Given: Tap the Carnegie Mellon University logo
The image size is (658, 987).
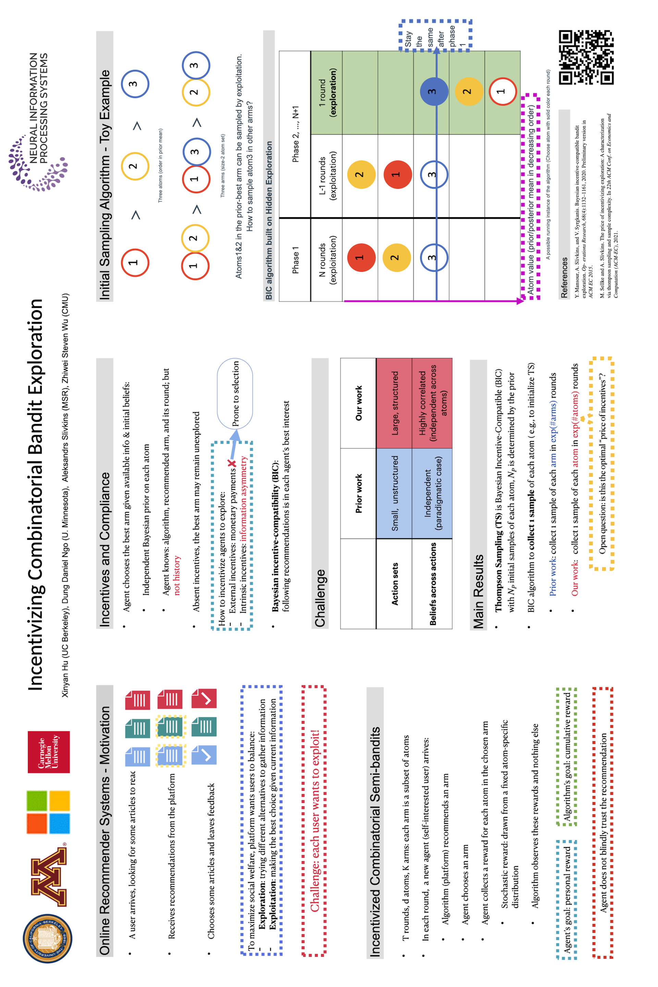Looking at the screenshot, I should [49, 752].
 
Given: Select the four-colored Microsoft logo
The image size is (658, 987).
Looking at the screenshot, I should [48, 812].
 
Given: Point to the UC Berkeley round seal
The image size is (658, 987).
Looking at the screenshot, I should [47, 938].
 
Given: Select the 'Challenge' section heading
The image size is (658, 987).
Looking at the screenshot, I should [320, 598].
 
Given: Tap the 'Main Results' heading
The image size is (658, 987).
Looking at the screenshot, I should [478, 591].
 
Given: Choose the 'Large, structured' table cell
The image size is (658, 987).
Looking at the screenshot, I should [394, 403].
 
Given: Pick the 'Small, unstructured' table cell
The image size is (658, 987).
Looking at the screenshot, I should [394, 493].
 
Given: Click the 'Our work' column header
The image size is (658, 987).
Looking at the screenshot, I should [358, 403].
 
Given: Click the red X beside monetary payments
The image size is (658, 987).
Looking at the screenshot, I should [232, 464].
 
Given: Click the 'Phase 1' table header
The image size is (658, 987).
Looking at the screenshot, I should [295, 260].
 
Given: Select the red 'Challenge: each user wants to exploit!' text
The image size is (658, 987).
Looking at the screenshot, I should [314, 820].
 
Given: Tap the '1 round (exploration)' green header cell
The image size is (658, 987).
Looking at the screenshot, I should [327, 92].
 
